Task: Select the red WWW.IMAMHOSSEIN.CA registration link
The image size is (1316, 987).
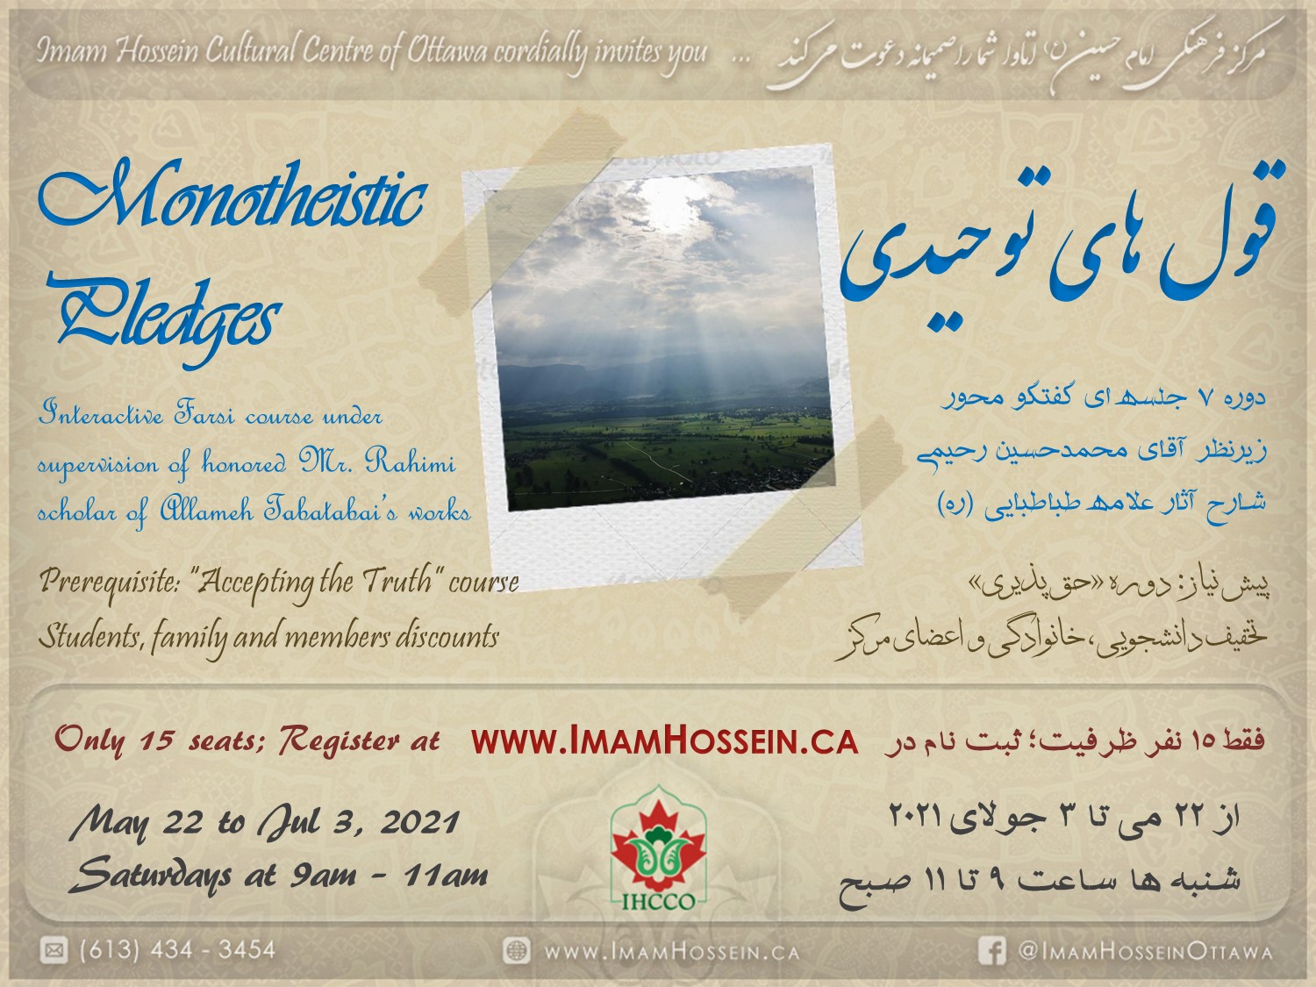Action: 664,742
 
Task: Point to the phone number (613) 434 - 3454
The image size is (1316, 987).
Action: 177,950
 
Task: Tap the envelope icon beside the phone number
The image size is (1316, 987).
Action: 54,950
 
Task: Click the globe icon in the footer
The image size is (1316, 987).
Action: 516,951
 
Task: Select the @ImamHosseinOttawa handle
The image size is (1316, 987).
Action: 1145,952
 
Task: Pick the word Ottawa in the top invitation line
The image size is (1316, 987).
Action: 447,52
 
